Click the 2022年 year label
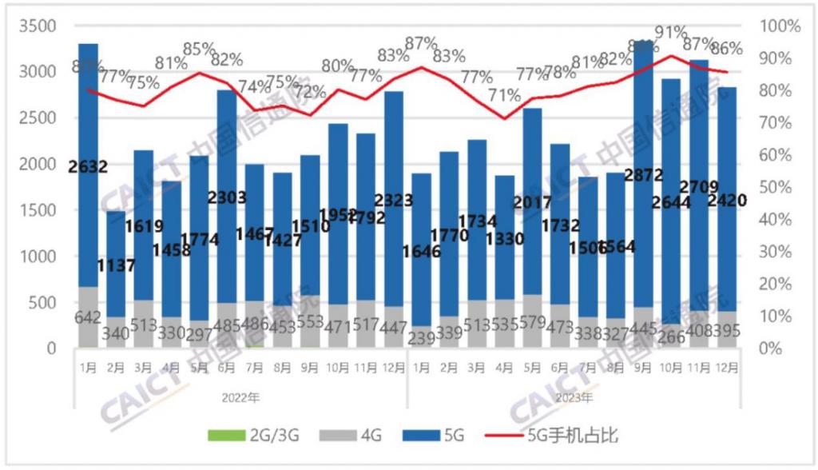[241, 396]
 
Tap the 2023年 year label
[574, 396]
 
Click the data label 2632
[88, 167]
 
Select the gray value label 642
[88, 318]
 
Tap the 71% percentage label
[504, 96]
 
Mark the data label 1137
[117, 265]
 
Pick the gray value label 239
[422, 339]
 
